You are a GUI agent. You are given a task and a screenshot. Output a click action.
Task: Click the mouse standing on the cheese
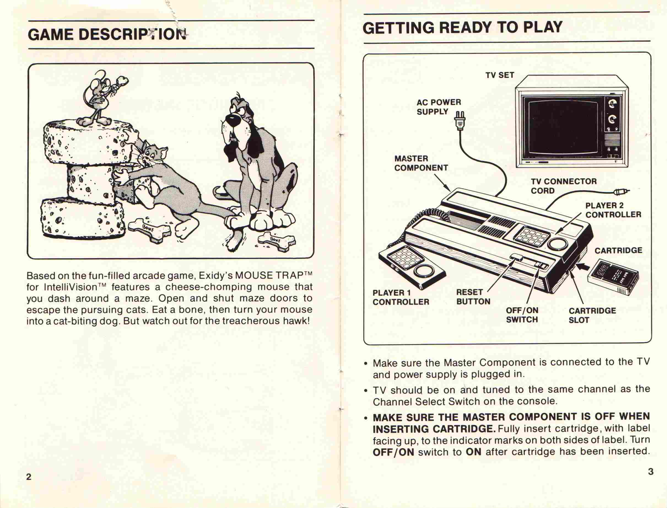click(103, 98)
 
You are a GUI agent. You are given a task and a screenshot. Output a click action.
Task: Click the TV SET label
click(500, 75)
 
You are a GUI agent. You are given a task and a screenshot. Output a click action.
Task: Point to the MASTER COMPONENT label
click(421, 163)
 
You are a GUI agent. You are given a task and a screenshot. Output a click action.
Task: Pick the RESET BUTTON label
click(473, 297)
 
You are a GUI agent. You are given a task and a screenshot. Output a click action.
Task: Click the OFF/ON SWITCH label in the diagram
click(522, 315)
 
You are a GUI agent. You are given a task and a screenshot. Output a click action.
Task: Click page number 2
click(29, 477)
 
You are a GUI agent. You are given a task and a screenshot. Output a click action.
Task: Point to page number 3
click(651, 471)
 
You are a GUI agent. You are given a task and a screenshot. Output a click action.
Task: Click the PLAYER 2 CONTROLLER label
click(613, 210)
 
